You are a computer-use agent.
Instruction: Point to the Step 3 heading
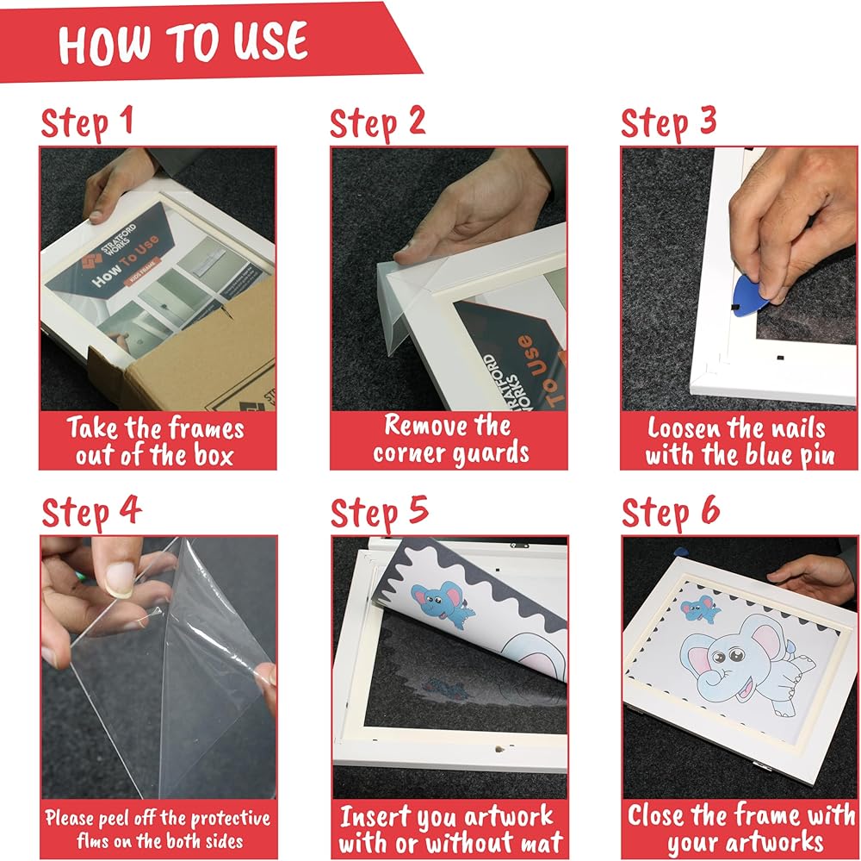pyautogui.click(x=668, y=122)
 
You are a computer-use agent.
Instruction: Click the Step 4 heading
pyautogui.click(x=91, y=512)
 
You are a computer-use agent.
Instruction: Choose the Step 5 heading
pyautogui.click(x=379, y=512)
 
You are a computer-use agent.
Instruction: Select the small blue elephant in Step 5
pyautogui.click(x=441, y=603)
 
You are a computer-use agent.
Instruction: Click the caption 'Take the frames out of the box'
pyautogui.click(x=156, y=441)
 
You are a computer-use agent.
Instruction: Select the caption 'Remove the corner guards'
pyautogui.click(x=450, y=439)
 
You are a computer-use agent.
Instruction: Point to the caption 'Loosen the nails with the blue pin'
pyautogui.click(x=740, y=441)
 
